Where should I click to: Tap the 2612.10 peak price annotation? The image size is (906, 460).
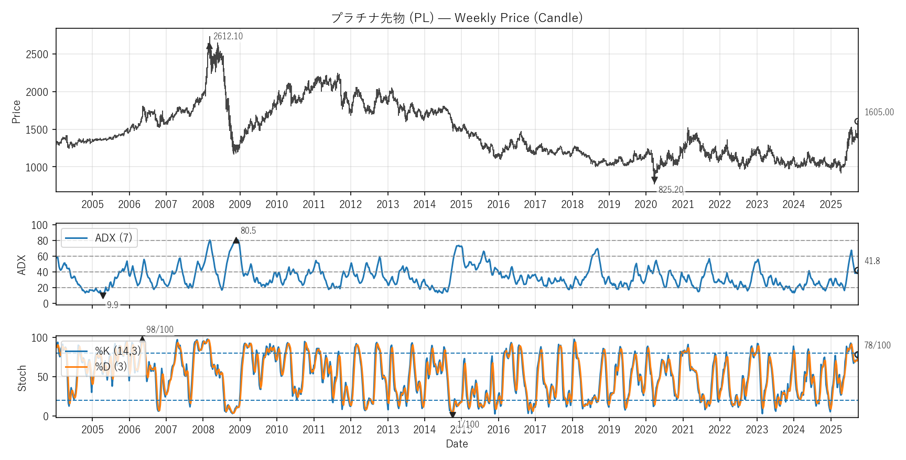tap(228, 36)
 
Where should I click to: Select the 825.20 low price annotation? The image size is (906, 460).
tap(671, 190)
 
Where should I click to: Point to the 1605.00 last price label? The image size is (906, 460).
tap(879, 112)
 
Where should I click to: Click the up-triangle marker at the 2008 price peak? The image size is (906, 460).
tap(210, 46)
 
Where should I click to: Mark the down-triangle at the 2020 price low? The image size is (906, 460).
tap(654, 180)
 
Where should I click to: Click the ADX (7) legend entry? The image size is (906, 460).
tap(100, 238)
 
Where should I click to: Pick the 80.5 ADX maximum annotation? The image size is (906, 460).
tap(248, 231)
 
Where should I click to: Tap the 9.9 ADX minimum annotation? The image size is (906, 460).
tap(112, 305)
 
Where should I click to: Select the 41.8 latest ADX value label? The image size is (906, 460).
tap(872, 261)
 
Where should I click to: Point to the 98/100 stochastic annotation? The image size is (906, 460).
tap(159, 330)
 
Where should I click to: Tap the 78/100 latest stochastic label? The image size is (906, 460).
tap(877, 345)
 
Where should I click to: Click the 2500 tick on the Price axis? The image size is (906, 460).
tap(37, 54)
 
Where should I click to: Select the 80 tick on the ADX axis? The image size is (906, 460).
tap(42, 241)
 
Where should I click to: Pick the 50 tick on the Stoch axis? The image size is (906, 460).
tap(42, 377)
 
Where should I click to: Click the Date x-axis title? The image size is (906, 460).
tap(457, 444)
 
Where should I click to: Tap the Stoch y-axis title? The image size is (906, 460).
tap(22, 378)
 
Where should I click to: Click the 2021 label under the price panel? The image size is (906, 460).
tap(683, 204)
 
